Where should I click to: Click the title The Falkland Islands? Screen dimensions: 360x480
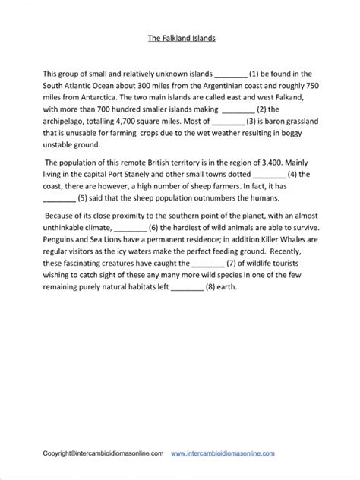click(180, 36)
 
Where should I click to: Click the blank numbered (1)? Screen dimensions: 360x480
click(232, 74)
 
